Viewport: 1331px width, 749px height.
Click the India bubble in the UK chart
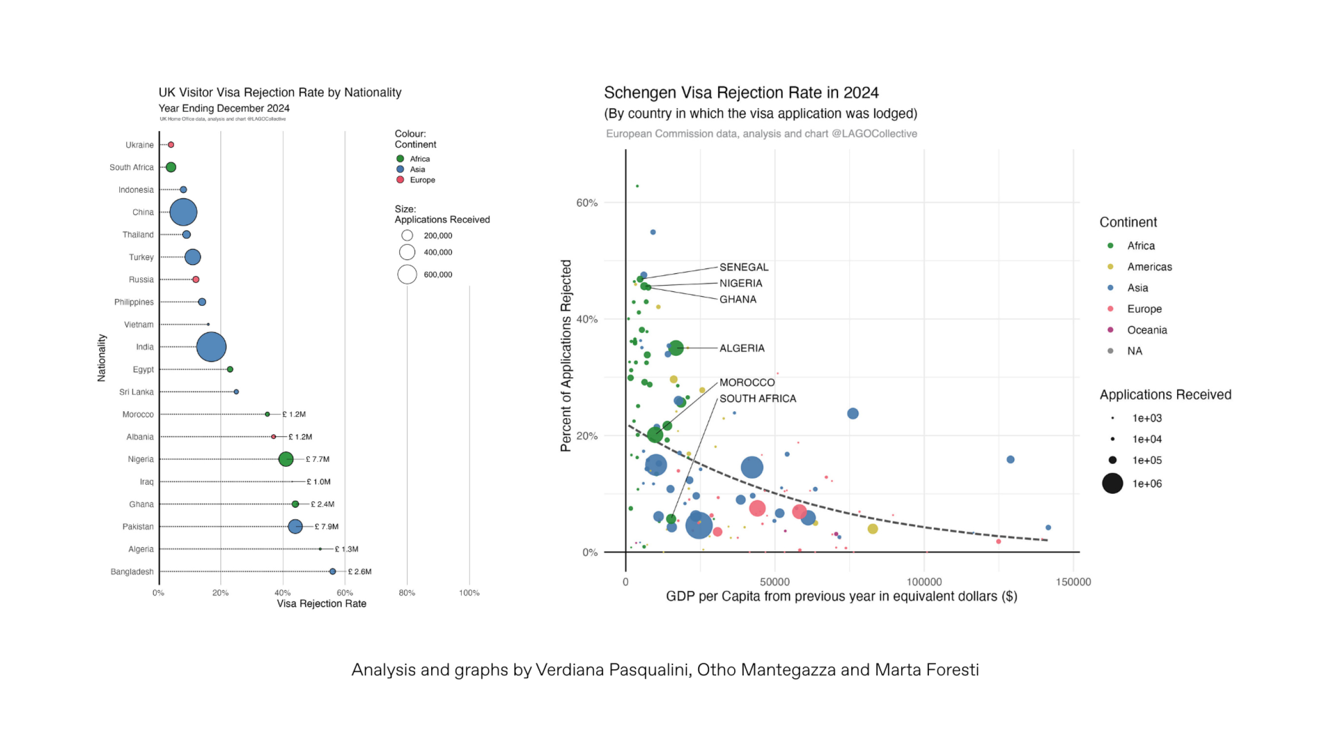coord(211,347)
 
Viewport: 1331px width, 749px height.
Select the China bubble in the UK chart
coord(183,212)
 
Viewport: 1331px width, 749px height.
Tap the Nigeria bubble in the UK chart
coord(286,459)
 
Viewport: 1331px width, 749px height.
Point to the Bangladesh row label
coord(132,572)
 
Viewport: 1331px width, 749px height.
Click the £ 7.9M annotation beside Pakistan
coord(326,526)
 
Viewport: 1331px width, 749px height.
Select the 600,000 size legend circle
coord(407,274)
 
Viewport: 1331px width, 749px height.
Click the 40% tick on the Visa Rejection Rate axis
coord(283,593)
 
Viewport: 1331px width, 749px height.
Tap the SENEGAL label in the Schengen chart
coord(744,267)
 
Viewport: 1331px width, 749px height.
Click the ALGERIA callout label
coord(742,348)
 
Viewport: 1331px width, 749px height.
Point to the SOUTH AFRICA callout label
coord(758,398)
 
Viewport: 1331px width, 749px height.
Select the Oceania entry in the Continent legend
coord(1147,330)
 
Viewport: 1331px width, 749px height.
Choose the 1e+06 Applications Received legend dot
coord(1112,483)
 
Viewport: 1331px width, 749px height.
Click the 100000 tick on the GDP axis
coord(924,582)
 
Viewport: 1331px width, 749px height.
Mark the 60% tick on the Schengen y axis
coord(587,202)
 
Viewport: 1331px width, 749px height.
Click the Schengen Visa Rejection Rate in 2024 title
coord(741,93)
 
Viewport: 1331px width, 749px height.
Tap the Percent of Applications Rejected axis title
coord(565,355)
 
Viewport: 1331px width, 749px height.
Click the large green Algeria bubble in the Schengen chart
coord(676,348)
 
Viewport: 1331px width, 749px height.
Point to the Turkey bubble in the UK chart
coord(193,257)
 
